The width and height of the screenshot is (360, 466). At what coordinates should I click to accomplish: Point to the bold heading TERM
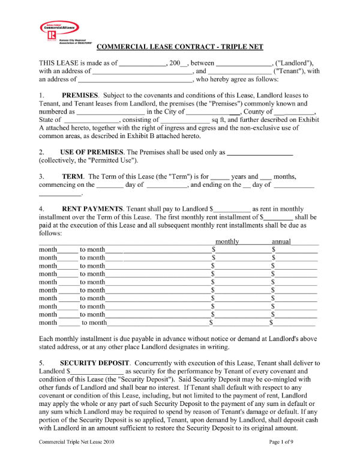tap(73, 177)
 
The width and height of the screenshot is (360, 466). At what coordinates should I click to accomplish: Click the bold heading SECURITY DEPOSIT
tap(96, 363)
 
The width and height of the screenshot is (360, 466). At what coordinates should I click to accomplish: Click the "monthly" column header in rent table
tap(227, 241)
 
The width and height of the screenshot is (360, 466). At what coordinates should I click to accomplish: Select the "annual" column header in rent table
tap(281, 241)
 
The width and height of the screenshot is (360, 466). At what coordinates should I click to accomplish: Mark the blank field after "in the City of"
tap(214, 112)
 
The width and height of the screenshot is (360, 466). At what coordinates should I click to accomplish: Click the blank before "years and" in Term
tap(220, 177)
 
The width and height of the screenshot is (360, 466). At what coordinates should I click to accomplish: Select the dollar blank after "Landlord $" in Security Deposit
tap(97, 372)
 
